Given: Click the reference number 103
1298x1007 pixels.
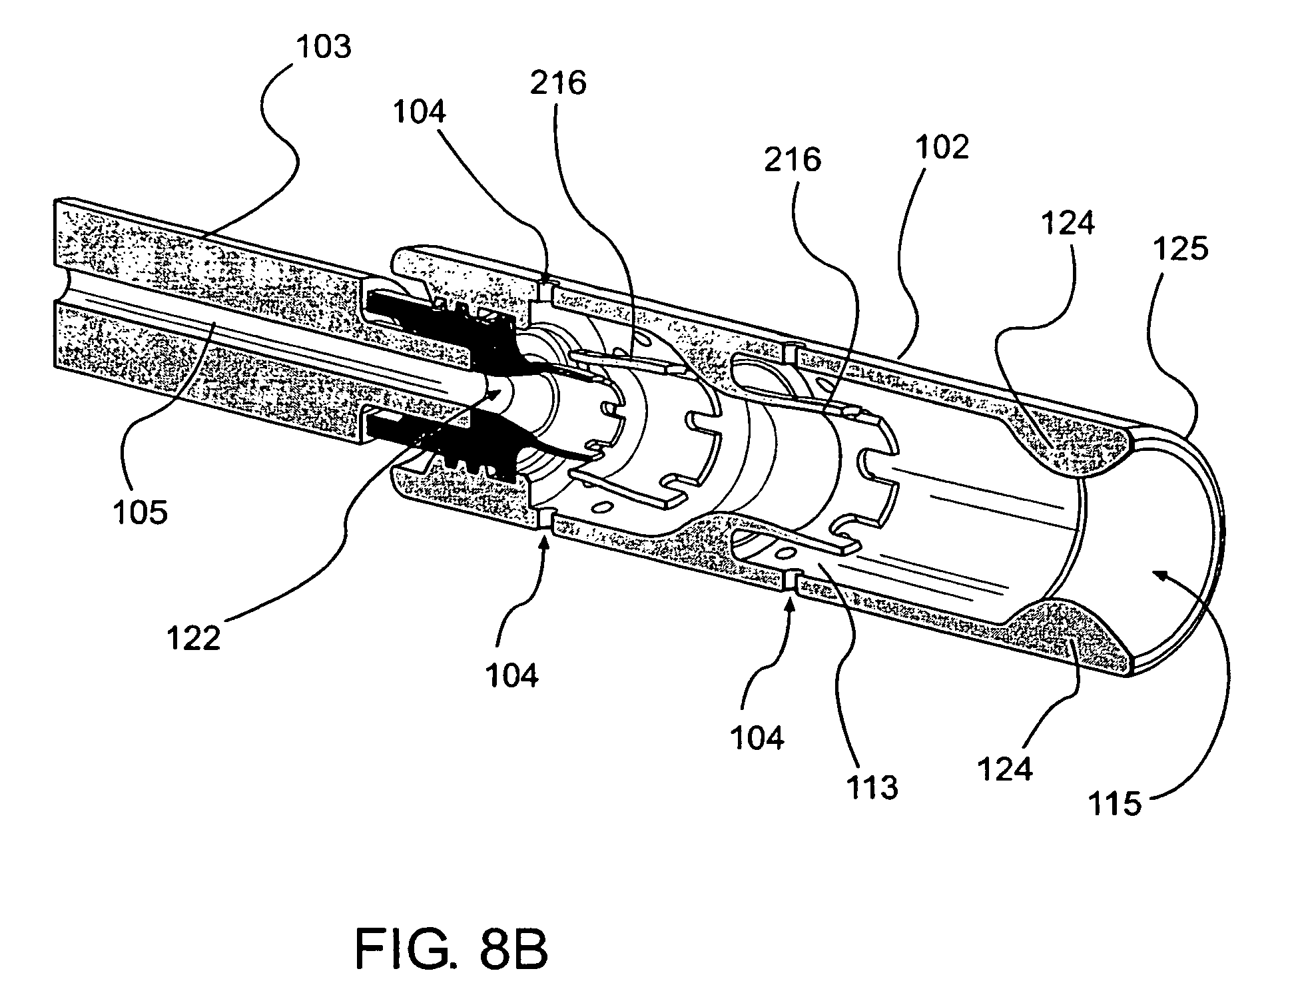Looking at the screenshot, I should [324, 47].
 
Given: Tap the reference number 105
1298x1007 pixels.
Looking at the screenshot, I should [141, 513].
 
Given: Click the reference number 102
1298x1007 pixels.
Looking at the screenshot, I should [941, 147].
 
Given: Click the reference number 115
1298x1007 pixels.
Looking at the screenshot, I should [1115, 805].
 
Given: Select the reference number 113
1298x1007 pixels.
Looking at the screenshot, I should [872, 788].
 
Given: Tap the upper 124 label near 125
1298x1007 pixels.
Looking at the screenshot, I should [1068, 223].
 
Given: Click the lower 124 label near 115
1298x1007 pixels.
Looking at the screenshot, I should [1005, 769].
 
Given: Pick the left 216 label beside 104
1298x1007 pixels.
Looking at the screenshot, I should [558, 83].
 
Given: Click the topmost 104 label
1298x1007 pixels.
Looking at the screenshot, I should [420, 112].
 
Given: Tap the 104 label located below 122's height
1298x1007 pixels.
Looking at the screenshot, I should [511, 676].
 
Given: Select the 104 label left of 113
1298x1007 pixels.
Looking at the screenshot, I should [757, 737].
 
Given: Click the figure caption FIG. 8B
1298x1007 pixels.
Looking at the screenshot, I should [452, 950].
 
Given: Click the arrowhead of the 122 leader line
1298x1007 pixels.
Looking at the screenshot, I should [496, 394].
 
